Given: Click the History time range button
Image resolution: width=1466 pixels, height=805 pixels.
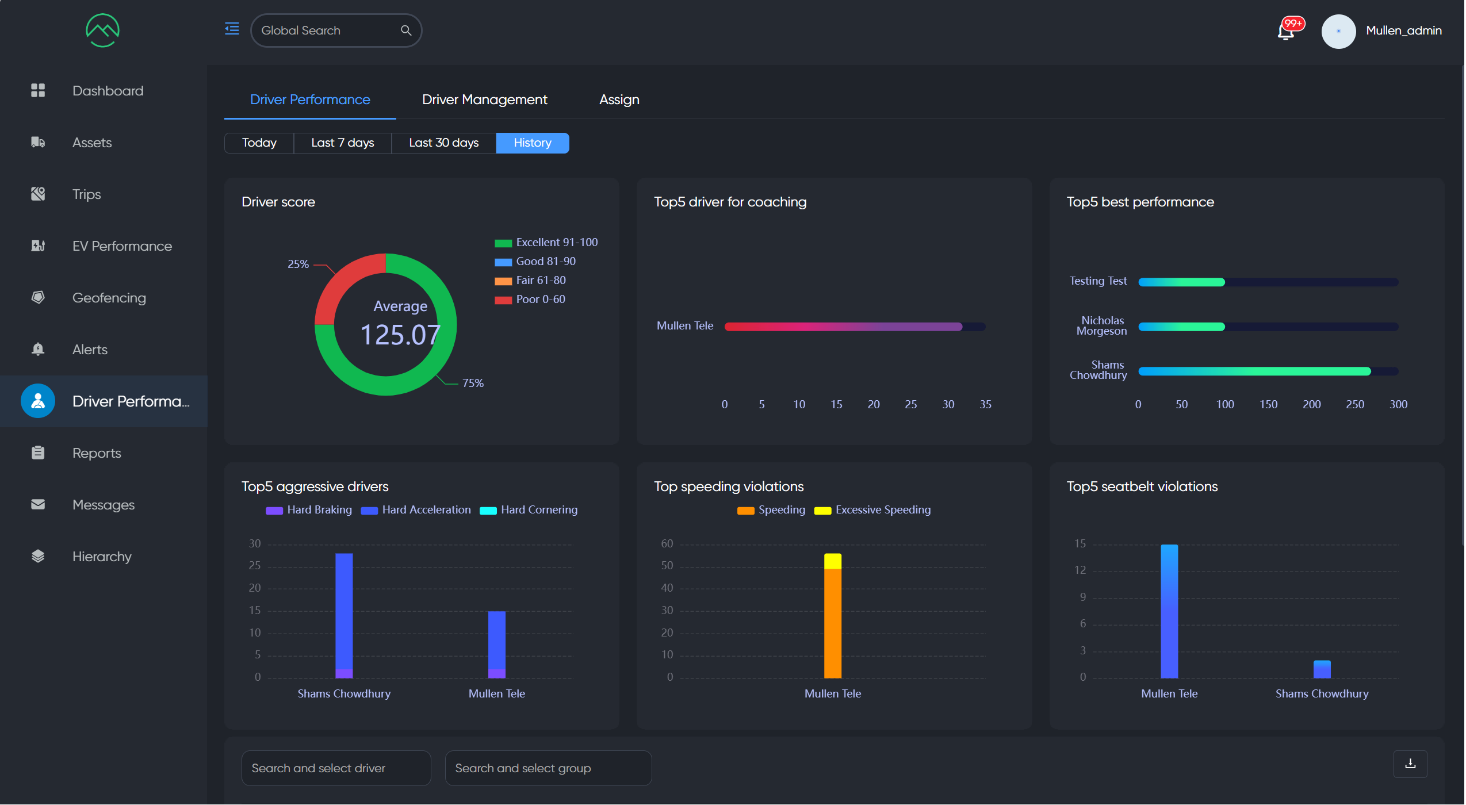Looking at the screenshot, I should point(532,143).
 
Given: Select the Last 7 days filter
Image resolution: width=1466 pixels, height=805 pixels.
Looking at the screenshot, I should point(342,143).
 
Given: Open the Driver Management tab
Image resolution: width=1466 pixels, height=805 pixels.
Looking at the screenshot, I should point(484,99).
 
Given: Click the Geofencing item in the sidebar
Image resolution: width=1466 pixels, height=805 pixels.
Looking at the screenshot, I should point(109,298).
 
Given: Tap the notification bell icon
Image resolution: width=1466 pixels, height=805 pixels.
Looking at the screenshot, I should point(1286,31).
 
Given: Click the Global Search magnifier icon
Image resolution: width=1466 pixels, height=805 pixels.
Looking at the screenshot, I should point(406,30).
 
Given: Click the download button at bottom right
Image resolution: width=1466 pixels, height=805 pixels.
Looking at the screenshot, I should point(1410,764).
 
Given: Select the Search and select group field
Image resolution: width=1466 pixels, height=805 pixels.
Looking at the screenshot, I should point(548,768).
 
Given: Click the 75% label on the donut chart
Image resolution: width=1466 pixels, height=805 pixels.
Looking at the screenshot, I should point(473,383).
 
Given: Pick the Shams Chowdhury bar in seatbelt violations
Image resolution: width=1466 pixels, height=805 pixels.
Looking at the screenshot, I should point(1322,669).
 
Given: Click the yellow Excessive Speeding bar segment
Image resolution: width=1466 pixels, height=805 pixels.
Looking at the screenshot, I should point(832,561).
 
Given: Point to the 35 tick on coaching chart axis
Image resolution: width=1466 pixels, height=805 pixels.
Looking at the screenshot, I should point(985,404).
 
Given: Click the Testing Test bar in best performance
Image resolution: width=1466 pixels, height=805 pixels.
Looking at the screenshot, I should point(1181,282).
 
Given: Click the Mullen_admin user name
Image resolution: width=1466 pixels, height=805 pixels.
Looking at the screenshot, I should point(1403,30).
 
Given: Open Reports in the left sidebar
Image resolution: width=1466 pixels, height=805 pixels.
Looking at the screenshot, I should point(97,453).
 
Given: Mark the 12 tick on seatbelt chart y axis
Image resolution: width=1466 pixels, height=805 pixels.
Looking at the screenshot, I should point(1080,570).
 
